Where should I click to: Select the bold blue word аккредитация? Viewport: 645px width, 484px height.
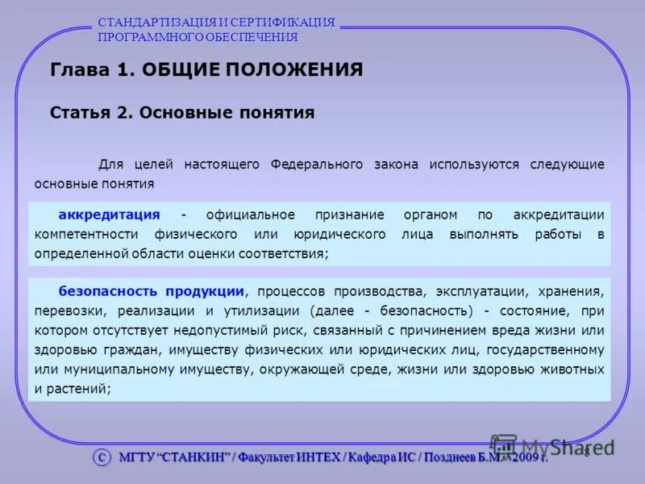tap(109, 215)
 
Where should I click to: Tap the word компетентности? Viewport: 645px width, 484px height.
tap(86, 234)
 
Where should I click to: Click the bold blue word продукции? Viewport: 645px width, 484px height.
tap(206, 291)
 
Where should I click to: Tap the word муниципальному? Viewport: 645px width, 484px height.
tap(93, 369)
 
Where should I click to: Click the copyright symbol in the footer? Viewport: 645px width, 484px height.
tap(101, 457)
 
